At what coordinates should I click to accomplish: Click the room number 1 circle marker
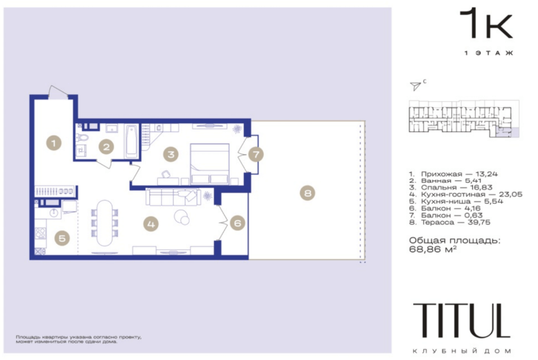pos(54,143)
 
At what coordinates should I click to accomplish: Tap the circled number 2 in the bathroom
pos(106,147)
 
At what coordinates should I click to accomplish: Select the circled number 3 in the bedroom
pos(170,154)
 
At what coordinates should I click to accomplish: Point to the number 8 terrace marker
pos(307,193)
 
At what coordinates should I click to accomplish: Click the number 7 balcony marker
pos(256,154)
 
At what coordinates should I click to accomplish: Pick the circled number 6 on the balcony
pos(237,223)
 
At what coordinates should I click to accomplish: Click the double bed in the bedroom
pos(210,164)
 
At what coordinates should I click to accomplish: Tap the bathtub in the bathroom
pos(132,141)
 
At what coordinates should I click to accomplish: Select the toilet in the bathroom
pos(82,138)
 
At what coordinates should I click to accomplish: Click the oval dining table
pos(104,223)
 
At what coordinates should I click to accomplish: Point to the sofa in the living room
pos(173,197)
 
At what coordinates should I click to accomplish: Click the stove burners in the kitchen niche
pos(41,233)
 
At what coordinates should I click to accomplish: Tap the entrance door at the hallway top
pos(57,92)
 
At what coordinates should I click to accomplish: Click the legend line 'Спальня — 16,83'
pos(451,187)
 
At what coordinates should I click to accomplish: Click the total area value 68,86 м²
pos(433,249)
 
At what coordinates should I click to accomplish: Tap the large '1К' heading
pos(486,24)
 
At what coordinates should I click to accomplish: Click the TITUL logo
pos(462,321)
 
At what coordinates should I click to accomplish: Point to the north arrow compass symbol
pos(415,86)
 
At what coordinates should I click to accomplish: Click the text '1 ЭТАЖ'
pos(488,53)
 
